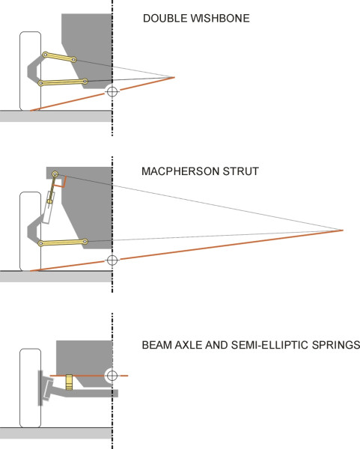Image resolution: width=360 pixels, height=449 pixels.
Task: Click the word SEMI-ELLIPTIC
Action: coord(270,345)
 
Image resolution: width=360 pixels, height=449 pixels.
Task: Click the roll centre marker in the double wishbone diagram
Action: coord(112,91)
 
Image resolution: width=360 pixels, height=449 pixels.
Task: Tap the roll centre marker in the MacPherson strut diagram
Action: coord(112,260)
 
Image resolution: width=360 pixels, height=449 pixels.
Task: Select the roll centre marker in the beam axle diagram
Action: coord(112,376)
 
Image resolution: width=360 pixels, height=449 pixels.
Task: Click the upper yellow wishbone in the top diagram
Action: coord(59,57)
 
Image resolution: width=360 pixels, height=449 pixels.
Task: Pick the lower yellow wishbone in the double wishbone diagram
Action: coord(63,82)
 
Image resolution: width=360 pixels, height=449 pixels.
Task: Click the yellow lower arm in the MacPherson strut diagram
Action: coord(63,242)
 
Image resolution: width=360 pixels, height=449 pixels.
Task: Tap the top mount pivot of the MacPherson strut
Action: coord(55,174)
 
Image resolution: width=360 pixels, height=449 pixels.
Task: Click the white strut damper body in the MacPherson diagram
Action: coord(49,207)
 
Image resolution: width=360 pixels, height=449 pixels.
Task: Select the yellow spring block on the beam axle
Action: coord(69,382)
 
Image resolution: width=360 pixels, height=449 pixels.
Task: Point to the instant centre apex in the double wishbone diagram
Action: coord(174,77)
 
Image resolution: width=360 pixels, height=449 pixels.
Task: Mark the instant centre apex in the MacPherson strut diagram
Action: coord(343,230)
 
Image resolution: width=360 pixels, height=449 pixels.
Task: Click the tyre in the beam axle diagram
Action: coord(31,388)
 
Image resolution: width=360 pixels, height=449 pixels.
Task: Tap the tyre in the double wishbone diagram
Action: coord(31,71)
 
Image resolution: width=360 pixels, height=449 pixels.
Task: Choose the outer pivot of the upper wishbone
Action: coord(45,55)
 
